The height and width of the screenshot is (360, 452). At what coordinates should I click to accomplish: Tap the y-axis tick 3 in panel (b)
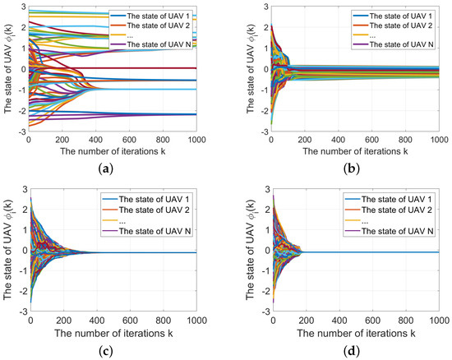pos(260,7)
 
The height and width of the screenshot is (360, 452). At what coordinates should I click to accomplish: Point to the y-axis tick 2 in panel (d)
pos(260,210)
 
